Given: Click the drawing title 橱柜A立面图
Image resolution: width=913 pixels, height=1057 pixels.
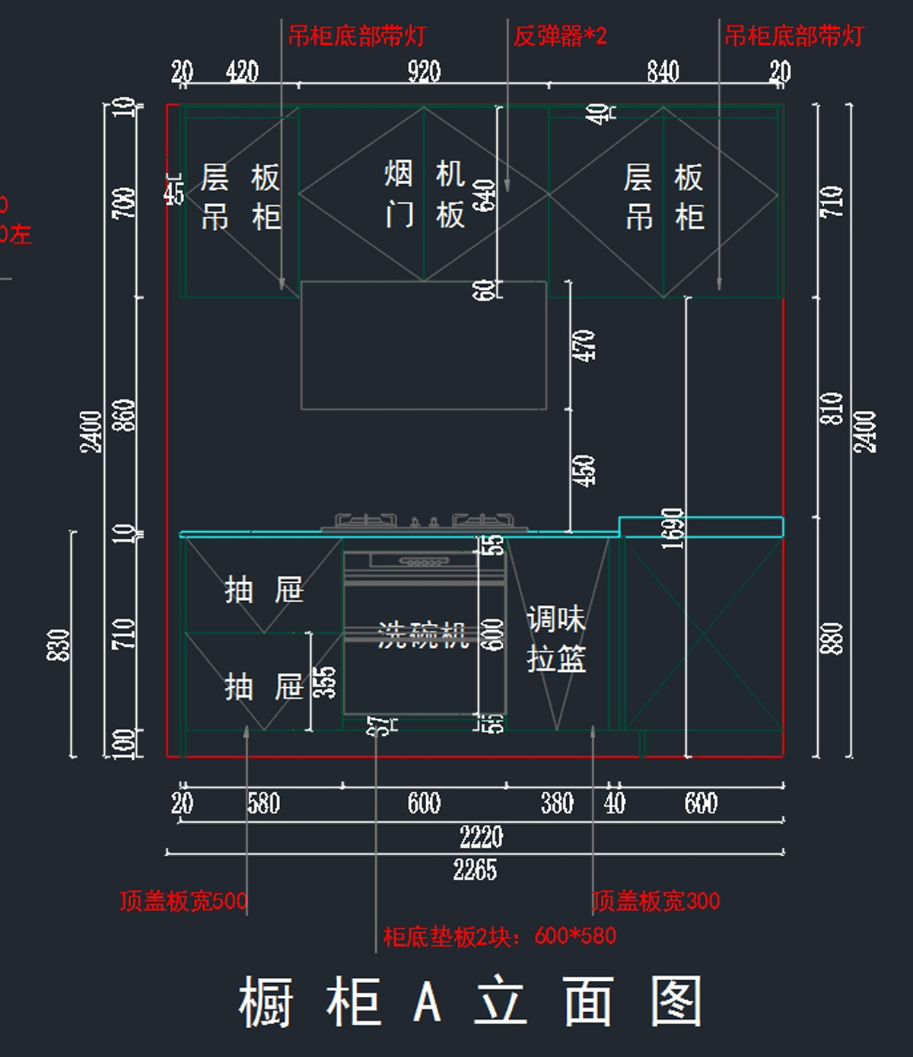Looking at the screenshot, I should point(469,1001).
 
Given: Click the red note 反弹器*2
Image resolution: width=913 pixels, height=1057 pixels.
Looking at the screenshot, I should point(560,36).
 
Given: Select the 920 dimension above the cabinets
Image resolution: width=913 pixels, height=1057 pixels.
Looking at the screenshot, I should point(424,72).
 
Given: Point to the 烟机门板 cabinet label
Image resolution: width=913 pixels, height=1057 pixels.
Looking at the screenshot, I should point(424,195).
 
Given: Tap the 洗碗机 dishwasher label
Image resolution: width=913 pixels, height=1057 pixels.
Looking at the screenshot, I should point(422,634).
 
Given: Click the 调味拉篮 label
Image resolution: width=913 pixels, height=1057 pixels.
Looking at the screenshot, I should point(556,639).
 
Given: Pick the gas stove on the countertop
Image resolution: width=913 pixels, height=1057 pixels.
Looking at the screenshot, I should point(424,523).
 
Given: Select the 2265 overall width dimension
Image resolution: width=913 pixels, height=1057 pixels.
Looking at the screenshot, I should point(475,869).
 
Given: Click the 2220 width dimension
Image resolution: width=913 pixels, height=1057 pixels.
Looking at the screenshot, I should point(481,836).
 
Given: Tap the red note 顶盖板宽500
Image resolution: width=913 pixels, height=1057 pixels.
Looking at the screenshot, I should point(183,901).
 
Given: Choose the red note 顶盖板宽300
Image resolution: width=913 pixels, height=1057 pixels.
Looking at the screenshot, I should point(656,901).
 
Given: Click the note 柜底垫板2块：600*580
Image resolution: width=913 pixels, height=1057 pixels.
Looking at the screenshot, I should point(499,936).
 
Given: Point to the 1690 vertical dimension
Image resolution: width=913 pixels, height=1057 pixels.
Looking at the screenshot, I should point(673,528).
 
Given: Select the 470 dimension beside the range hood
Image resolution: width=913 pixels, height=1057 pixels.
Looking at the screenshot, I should point(584,345).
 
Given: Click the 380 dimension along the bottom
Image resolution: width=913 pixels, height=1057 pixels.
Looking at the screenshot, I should point(557,803).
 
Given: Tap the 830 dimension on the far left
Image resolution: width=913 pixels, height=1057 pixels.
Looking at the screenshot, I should point(59,645).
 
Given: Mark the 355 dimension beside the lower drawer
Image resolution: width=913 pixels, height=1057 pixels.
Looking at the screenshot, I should point(325,682).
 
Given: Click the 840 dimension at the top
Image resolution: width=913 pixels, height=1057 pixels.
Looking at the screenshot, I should point(663,72).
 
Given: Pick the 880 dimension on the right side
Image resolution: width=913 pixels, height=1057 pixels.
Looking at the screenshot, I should point(832,638).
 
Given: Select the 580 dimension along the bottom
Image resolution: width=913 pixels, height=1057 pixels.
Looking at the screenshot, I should point(263,803).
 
